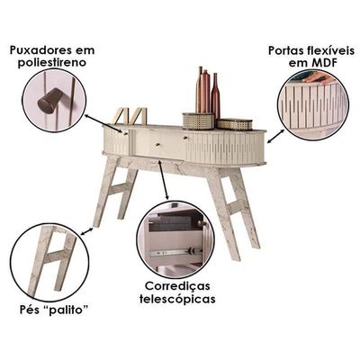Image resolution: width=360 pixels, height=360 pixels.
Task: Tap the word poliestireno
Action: [x=52, y=63]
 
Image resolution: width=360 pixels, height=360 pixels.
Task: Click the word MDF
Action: [x=326, y=63]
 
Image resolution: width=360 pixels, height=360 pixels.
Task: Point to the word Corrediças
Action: [x=177, y=286]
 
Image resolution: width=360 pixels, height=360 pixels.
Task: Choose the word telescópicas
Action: [x=177, y=299]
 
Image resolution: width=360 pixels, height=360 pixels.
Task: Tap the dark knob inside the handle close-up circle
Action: [x=49, y=101]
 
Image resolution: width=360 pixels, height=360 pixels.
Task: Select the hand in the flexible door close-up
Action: [x=318, y=78]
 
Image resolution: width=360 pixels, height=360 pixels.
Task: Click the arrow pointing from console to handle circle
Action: [x=104, y=123]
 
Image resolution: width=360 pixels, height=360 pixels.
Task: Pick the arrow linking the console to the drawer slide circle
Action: [x=164, y=180]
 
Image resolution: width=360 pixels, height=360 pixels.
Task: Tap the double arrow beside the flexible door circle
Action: [x=276, y=136]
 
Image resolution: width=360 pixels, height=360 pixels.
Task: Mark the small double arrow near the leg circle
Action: [x=87, y=231]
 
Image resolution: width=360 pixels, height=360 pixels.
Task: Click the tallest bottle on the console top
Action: [x=200, y=90]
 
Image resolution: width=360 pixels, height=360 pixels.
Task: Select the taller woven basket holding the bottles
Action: [x=198, y=121]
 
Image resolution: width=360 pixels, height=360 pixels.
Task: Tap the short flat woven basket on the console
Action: [x=235, y=124]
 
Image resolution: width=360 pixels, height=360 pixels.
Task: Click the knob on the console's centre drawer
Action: [x=158, y=145]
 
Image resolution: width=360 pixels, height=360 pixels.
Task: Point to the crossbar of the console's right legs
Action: [x=236, y=207]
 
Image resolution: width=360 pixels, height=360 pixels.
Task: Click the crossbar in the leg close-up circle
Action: [x=55, y=256]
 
